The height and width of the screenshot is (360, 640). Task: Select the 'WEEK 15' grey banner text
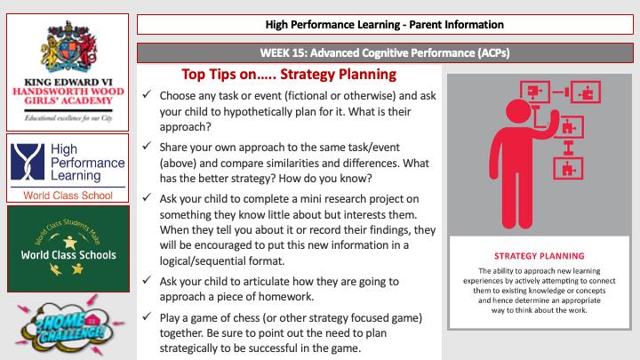[385, 52]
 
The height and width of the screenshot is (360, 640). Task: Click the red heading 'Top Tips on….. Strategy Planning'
[288, 74]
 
